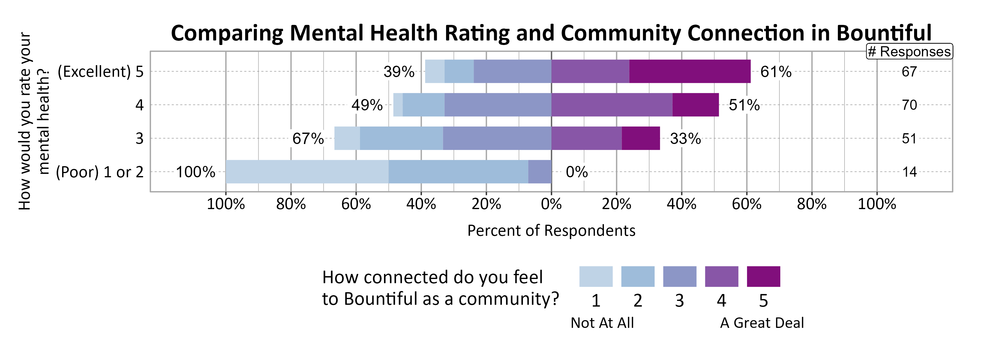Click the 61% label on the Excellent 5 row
click(x=775, y=72)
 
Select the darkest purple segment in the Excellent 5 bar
click(x=690, y=71)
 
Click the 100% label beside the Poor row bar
click(x=195, y=172)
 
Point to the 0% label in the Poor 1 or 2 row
click(x=577, y=172)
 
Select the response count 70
click(x=909, y=105)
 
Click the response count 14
click(x=909, y=172)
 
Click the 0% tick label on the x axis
click(x=551, y=204)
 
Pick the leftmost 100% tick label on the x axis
click(x=226, y=204)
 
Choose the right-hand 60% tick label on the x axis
click(x=746, y=204)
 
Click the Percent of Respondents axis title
click(x=551, y=230)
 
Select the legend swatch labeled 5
click(x=763, y=276)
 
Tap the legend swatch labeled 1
click(x=596, y=276)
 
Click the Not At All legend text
click(x=602, y=323)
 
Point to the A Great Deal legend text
click(x=762, y=323)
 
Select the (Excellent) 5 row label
click(x=100, y=72)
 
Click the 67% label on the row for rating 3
click(x=308, y=139)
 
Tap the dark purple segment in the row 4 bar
click(x=696, y=105)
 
